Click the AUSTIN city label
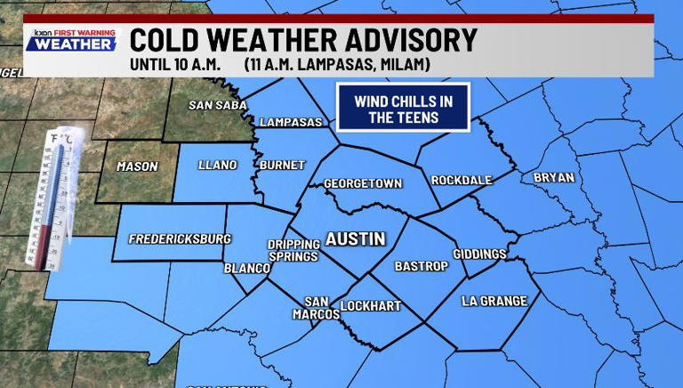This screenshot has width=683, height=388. click(x=355, y=238)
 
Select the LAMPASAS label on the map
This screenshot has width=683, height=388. click(x=290, y=122)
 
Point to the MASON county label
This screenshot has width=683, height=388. click(x=137, y=166)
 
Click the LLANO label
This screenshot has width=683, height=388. click(x=217, y=165)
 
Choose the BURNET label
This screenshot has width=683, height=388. click(x=282, y=165)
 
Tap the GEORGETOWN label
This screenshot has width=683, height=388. click(x=363, y=183)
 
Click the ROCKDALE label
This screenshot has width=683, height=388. click(x=462, y=180)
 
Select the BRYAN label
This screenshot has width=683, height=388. click(x=554, y=177)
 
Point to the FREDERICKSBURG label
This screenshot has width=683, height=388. click(x=180, y=238)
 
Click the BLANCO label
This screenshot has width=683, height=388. click(x=246, y=267)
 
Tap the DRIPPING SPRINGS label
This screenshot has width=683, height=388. click(x=293, y=250)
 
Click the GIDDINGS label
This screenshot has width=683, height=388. click(x=479, y=254)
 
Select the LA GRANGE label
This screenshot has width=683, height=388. click(x=494, y=301)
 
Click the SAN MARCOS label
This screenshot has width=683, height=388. click(x=317, y=308)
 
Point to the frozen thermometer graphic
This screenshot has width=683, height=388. click(x=55, y=198)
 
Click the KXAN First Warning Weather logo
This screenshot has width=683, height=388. click(x=71, y=40)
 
